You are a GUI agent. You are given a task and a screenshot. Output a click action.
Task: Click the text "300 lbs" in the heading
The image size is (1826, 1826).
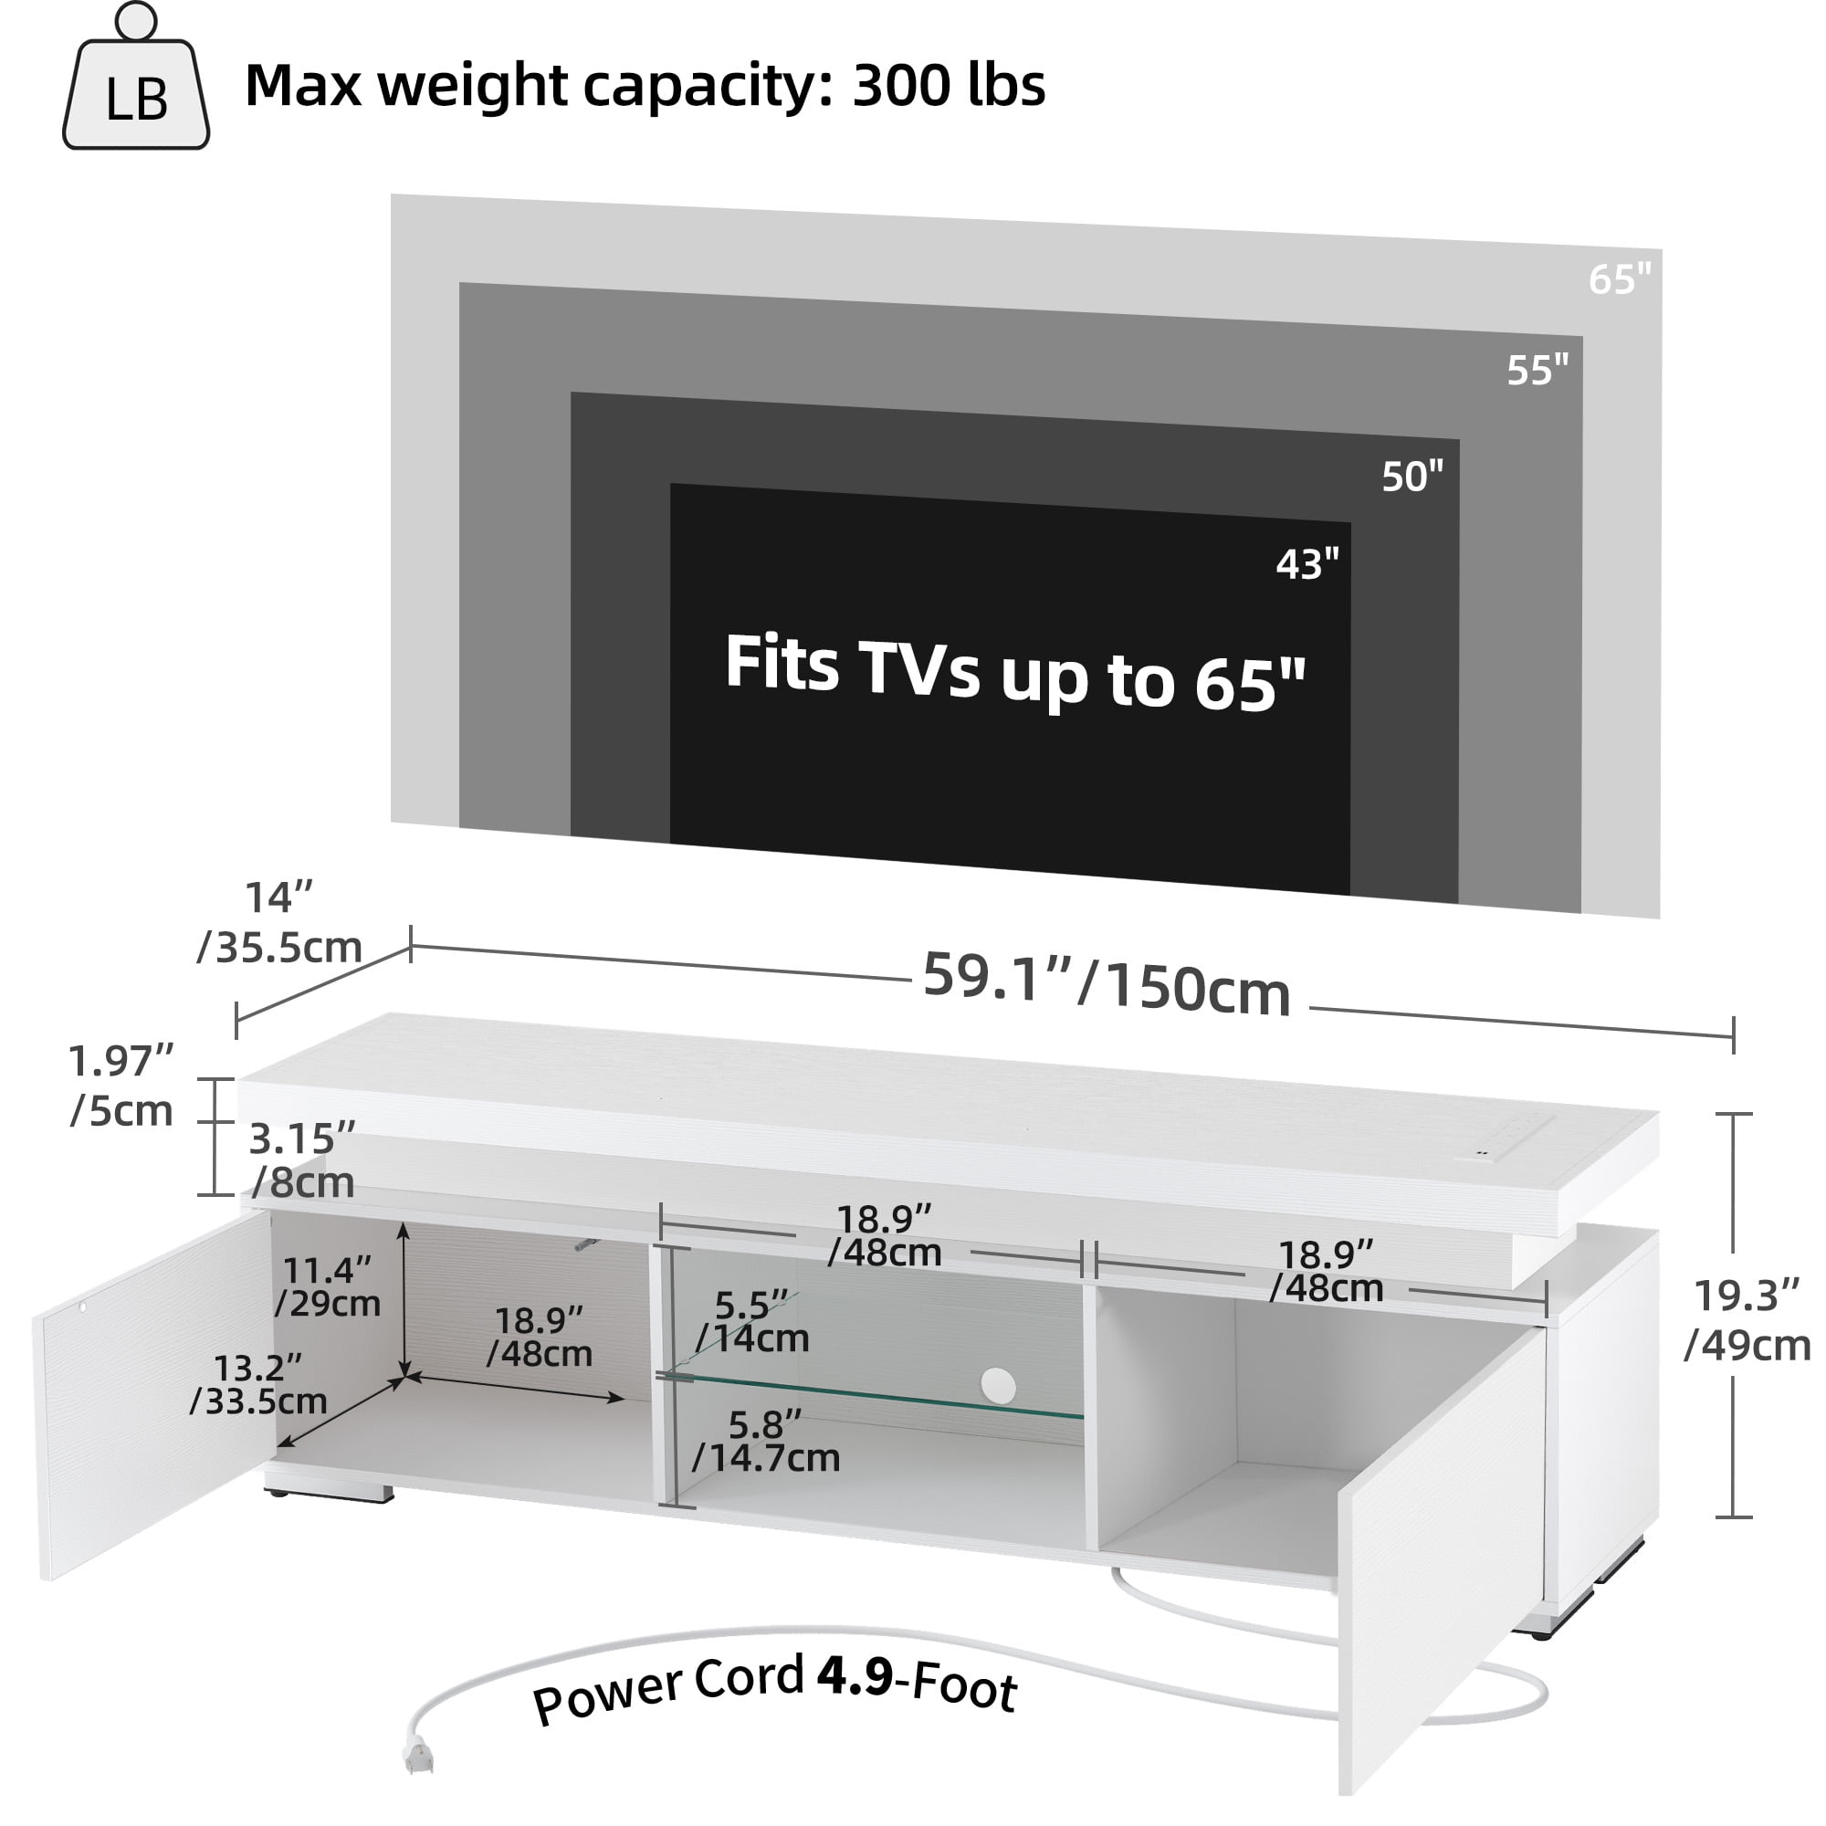coord(948,86)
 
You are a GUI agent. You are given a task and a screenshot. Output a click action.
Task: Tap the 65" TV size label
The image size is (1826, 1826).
coord(1619,279)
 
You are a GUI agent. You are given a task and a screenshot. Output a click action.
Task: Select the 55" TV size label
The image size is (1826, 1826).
coord(1537,371)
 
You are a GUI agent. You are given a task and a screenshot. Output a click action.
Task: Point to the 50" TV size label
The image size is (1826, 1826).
coord(1412,477)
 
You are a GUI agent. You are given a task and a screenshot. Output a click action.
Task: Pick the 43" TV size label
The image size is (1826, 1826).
coord(1307,564)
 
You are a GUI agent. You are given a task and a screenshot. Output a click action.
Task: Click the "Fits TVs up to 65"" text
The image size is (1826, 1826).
coord(1014,673)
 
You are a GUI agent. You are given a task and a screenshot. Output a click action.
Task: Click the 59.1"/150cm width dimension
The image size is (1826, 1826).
coord(1106,984)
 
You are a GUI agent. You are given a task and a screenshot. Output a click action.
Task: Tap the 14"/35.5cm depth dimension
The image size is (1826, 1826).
coord(278,922)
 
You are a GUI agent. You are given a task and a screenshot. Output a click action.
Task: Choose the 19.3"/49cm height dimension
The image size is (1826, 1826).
coord(1746,1320)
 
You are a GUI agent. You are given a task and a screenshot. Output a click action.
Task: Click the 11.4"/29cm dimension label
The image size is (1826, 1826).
coord(327,1286)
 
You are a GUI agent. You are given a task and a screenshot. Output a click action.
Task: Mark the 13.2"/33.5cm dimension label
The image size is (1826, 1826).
coord(258,1384)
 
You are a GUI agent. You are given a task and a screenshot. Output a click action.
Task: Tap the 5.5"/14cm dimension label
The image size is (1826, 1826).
coord(751,1321)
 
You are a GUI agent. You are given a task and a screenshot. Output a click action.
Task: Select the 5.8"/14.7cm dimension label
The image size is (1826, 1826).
coord(766,1441)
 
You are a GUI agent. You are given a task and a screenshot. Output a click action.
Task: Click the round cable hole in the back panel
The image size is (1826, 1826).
coord(997,1386)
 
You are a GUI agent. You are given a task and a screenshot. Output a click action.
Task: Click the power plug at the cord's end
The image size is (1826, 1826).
coord(418,1757)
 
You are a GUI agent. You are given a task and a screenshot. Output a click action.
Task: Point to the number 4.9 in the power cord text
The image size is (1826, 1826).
coord(854,1675)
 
